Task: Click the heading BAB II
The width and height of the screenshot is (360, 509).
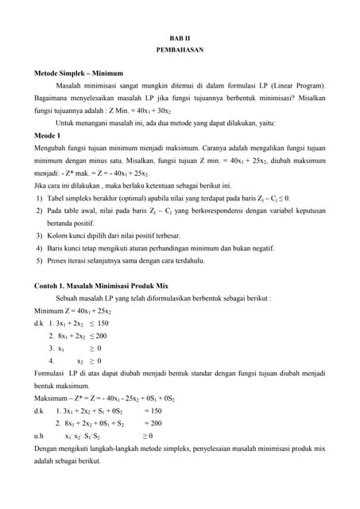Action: pyautogui.click(x=180, y=38)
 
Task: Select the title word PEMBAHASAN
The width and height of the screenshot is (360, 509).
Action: pyautogui.click(x=180, y=50)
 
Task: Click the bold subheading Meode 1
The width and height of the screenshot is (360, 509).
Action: pyautogui.click(x=48, y=136)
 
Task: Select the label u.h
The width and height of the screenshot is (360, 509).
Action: pyautogui.click(x=38, y=437)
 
